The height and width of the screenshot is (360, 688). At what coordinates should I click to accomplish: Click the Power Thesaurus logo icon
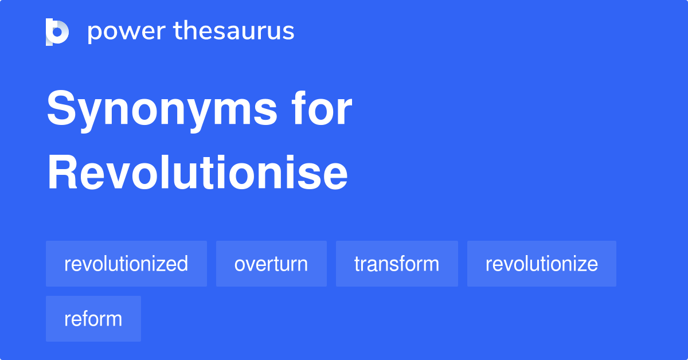click(57, 32)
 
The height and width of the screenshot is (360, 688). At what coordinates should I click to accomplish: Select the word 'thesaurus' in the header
click(234, 32)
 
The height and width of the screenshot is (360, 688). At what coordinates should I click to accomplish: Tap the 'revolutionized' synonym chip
click(126, 264)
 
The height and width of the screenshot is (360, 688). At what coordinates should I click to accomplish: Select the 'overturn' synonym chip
click(271, 264)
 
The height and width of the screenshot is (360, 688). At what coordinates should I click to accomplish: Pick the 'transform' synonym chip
click(397, 264)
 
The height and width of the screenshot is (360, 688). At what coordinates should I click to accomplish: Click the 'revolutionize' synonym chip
click(542, 264)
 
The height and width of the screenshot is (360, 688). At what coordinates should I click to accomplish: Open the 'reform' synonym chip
click(93, 319)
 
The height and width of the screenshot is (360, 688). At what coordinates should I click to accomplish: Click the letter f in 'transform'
click(401, 263)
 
